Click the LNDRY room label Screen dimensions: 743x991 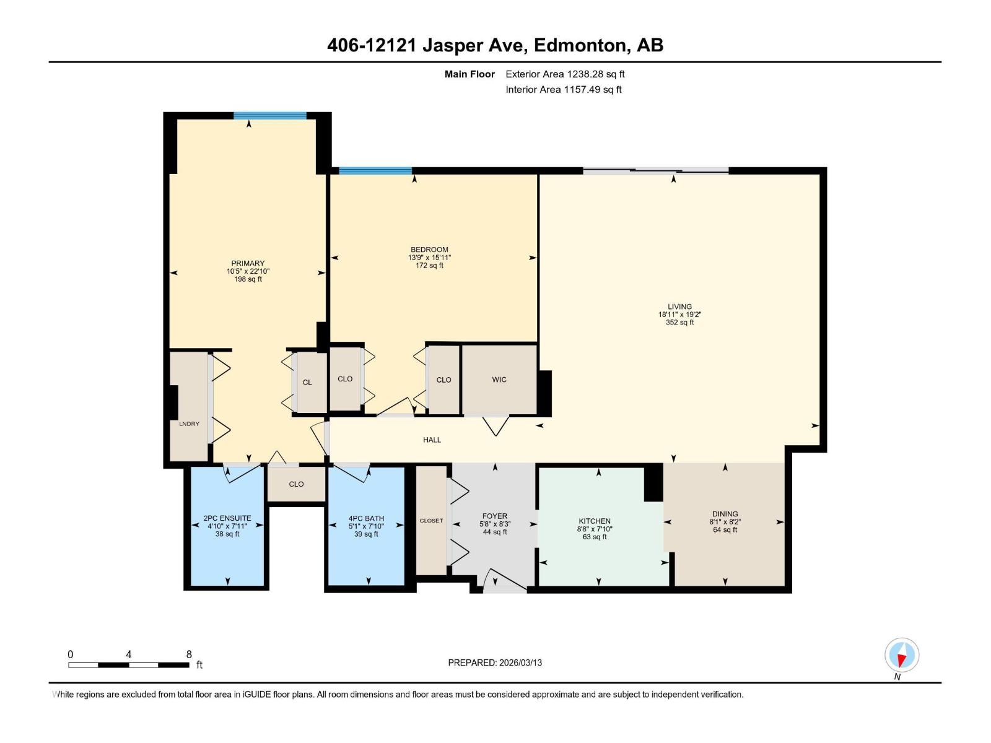189,424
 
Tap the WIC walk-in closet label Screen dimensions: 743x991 499,380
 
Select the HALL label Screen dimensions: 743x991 432,440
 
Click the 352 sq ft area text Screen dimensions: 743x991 679,323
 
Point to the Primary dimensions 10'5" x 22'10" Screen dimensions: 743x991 248,271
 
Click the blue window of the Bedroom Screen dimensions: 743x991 375,171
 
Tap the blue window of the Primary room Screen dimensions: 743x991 269,115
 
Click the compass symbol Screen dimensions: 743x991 902,655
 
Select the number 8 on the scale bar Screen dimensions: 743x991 189,654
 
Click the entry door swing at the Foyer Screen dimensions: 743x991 505,580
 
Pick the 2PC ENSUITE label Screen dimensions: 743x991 227,518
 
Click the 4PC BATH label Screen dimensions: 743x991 366,518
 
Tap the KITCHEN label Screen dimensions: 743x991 595,521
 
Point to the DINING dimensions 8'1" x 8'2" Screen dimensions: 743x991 725,522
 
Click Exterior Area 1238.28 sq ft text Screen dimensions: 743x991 565,74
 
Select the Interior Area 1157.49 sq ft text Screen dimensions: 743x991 563,90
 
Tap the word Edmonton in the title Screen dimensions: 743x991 579,45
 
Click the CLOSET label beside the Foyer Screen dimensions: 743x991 431,521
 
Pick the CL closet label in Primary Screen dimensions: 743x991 307,383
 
